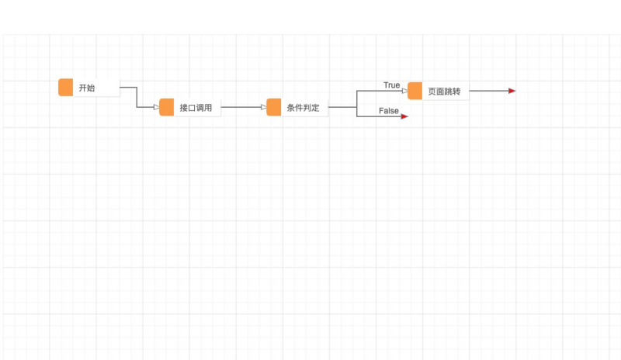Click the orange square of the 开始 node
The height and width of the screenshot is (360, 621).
click(65, 88)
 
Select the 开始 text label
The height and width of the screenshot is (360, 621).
click(87, 88)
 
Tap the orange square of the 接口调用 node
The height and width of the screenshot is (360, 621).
click(166, 107)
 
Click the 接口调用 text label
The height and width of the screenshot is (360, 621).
click(196, 108)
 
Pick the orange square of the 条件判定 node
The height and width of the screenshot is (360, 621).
click(273, 107)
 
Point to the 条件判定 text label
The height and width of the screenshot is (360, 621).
click(303, 108)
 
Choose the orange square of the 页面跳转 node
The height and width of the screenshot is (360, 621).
click(415, 91)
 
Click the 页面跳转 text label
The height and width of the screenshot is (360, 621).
click(444, 92)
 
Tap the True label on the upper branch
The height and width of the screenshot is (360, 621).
click(391, 85)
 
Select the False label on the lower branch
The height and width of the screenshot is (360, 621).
click(389, 111)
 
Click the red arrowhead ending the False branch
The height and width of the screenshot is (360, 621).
click(404, 116)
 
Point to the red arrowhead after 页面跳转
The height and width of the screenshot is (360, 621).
click(512, 91)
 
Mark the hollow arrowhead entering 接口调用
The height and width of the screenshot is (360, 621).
click(156, 107)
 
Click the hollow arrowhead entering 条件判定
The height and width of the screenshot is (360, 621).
click(263, 107)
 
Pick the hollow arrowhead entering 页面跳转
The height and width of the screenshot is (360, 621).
click(404, 91)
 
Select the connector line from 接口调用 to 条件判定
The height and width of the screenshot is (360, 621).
click(241, 107)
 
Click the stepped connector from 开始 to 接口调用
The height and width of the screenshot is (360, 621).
click(137, 97)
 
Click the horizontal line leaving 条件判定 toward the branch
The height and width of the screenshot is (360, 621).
click(342, 107)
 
